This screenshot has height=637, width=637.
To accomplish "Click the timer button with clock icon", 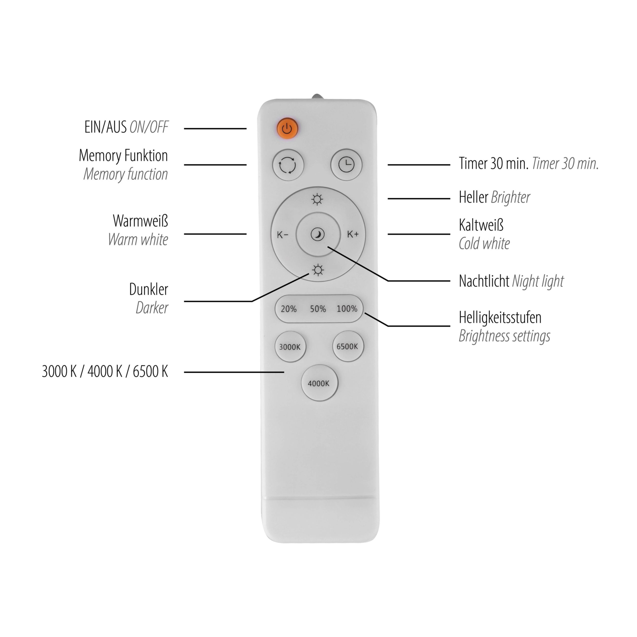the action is pos(346,165).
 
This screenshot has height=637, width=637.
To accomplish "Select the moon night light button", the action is pos(318,234).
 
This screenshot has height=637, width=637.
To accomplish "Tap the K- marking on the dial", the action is pos(283,235).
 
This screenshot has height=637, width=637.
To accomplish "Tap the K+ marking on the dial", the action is pos(353,234).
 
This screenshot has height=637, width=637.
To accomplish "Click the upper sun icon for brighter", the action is pos(317,200).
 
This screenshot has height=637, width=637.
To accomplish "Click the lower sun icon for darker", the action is pos(318,270).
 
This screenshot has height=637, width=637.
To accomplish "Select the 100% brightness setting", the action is pos(347,309).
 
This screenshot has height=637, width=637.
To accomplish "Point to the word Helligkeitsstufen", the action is pos(500,317).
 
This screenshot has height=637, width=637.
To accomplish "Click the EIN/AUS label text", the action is pos(105,127).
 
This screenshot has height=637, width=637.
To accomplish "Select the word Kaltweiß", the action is pos(481,225).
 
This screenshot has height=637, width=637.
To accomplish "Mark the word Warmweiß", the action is pos(140,221).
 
